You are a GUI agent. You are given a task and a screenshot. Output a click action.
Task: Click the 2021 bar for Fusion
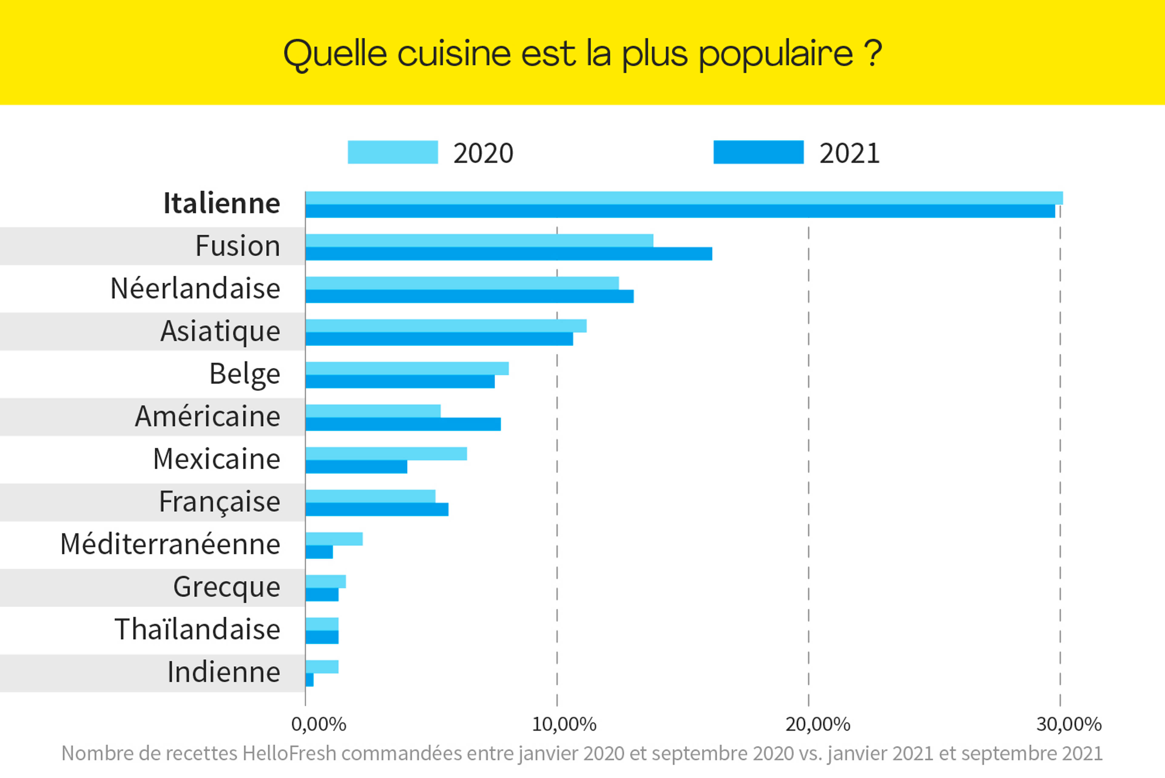point(509,254)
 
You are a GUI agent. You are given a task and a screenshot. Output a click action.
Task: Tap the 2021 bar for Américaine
point(403,424)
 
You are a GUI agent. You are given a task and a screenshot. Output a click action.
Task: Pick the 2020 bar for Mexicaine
point(386,453)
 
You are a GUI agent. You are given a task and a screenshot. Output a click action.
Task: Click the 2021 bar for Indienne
point(309,680)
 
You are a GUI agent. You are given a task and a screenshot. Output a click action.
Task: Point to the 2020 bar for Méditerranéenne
point(334,539)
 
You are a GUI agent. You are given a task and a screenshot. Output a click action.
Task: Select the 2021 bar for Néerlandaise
point(469,296)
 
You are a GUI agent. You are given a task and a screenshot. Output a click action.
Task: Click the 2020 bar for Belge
point(407,368)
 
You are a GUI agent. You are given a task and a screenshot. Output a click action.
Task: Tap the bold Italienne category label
point(221,203)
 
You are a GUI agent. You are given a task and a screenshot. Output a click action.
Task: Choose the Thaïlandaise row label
point(197,630)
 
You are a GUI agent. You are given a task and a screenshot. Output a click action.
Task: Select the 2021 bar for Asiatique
point(439,339)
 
